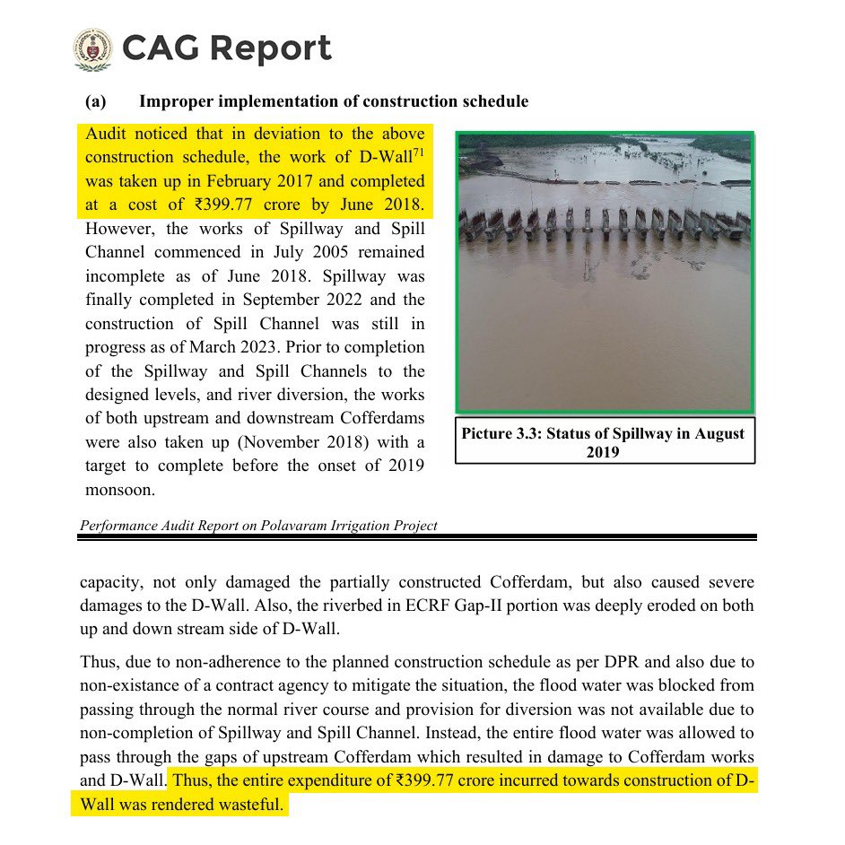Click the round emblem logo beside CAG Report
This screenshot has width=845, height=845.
[92, 48]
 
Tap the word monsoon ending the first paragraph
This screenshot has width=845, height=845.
[121, 490]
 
